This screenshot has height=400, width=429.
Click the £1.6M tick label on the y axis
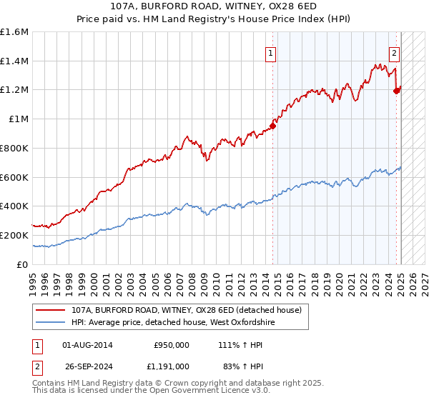click(14, 32)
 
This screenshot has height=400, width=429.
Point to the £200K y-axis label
click(14, 235)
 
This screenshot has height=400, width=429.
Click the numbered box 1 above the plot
click(271, 52)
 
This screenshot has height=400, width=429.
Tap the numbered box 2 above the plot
click(394, 52)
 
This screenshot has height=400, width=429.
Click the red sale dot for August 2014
click(272, 126)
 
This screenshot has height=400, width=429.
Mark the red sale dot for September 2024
click(397, 90)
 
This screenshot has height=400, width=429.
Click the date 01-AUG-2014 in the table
click(87, 345)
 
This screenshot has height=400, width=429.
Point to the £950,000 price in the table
click(172, 345)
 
